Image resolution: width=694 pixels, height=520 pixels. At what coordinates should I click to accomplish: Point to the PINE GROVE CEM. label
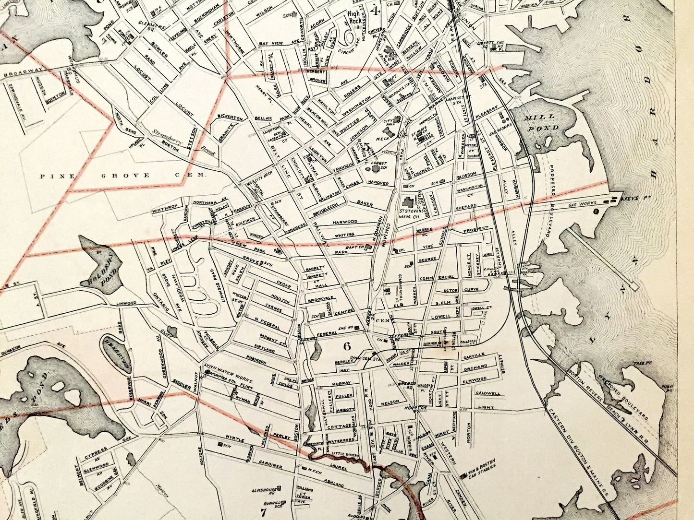[122, 176]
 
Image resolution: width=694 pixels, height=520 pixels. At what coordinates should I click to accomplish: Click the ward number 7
[263, 511]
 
